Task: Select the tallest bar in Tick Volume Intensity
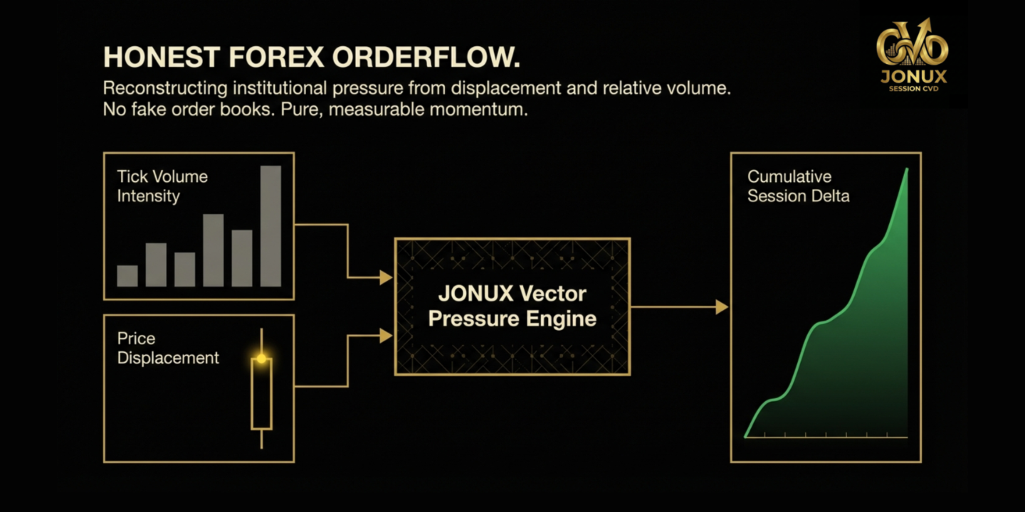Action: click(x=270, y=226)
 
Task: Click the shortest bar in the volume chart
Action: click(x=127, y=276)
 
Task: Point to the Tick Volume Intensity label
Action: click(x=162, y=186)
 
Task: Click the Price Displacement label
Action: click(x=168, y=348)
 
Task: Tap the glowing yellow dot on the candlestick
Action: click(x=261, y=358)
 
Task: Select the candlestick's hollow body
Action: click(x=261, y=395)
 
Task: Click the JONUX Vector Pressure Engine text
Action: click(x=512, y=306)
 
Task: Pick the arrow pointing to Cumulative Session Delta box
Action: click(x=722, y=307)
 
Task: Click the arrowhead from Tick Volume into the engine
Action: click(x=387, y=277)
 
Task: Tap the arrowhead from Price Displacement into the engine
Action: click(x=387, y=336)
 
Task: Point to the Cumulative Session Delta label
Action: click(x=798, y=186)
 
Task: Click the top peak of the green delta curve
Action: click(x=907, y=169)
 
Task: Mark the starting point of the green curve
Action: click(x=745, y=436)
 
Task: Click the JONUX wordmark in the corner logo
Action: click(x=913, y=76)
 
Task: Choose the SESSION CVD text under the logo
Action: click(x=913, y=89)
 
